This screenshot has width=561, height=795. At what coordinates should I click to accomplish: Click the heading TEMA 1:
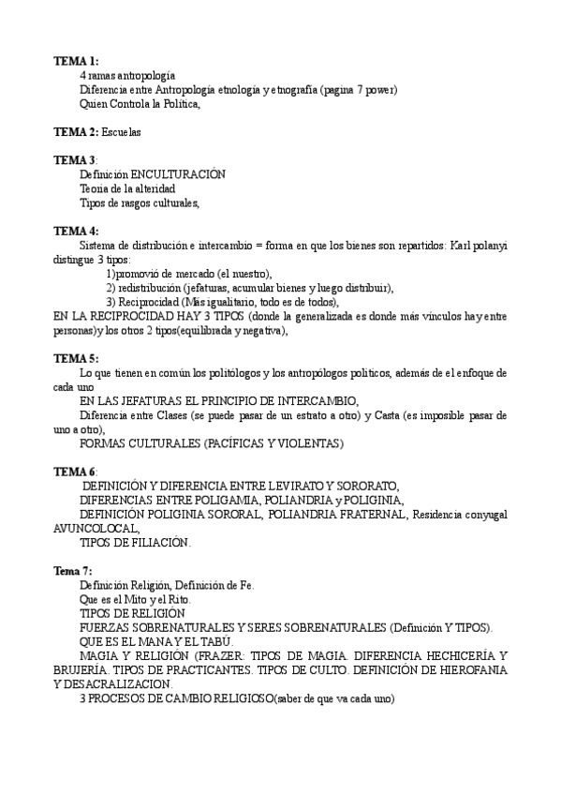pyautogui.click(x=76, y=60)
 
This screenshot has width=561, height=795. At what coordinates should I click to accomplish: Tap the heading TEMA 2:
pyautogui.click(x=76, y=132)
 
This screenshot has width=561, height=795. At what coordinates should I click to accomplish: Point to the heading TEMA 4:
pyautogui.click(x=76, y=231)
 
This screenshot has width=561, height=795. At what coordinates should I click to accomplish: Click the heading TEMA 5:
pyautogui.click(x=76, y=358)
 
